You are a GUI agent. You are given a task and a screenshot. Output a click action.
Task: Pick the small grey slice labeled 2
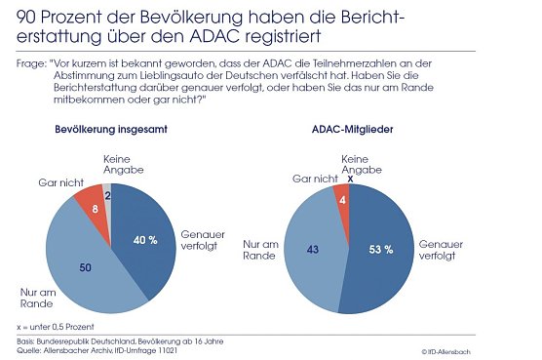(107, 195)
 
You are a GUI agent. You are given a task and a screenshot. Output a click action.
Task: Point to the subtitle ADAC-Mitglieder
(346, 156)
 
